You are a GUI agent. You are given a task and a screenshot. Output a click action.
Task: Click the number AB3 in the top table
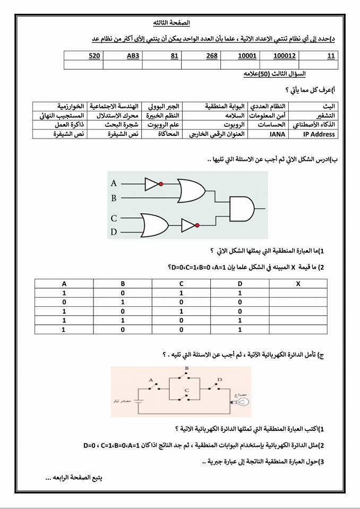[x=133, y=55]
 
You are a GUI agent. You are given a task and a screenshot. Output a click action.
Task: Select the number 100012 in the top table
[x=285, y=55]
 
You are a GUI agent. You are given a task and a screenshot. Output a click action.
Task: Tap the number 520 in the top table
[x=95, y=55]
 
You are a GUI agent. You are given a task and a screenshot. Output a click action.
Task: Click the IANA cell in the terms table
[x=276, y=134]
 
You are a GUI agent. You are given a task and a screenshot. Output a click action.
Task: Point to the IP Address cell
[x=319, y=134]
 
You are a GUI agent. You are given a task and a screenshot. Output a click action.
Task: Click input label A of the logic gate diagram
[x=114, y=184]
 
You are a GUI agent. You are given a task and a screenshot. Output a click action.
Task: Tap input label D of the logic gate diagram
[x=114, y=232]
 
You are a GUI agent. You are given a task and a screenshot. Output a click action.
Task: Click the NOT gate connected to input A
[x=152, y=184]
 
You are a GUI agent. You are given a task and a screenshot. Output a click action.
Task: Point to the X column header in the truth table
[x=298, y=283]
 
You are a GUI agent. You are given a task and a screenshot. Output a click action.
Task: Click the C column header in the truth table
[x=181, y=283]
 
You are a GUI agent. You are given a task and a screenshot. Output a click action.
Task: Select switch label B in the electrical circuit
[x=186, y=367]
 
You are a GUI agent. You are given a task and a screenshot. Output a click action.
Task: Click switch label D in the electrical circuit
[x=219, y=380]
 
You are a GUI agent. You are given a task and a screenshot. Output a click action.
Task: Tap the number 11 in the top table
[x=331, y=55]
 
